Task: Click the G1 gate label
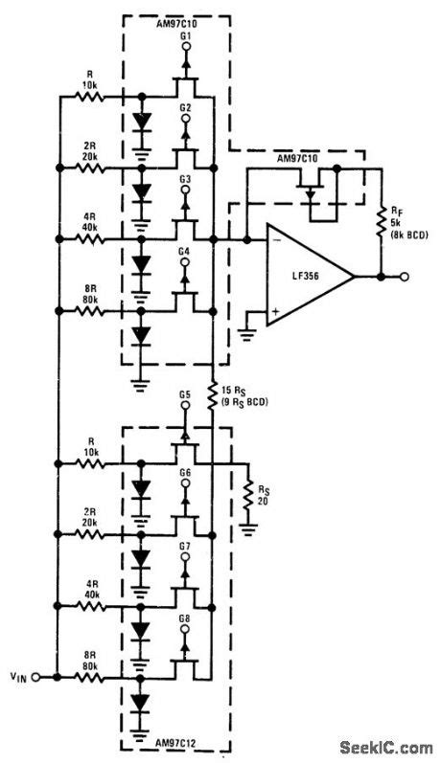[x=185, y=35]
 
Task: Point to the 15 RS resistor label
[x=244, y=394]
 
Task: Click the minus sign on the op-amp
[x=275, y=239]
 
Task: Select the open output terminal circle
[x=406, y=276]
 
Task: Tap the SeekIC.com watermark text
[x=389, y=749]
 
